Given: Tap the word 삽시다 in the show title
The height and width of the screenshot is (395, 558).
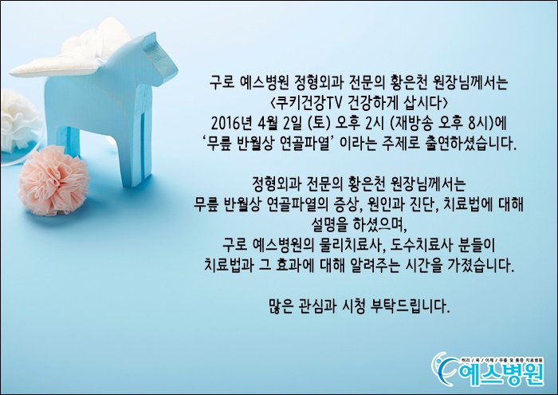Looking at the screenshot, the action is [425, 104].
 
